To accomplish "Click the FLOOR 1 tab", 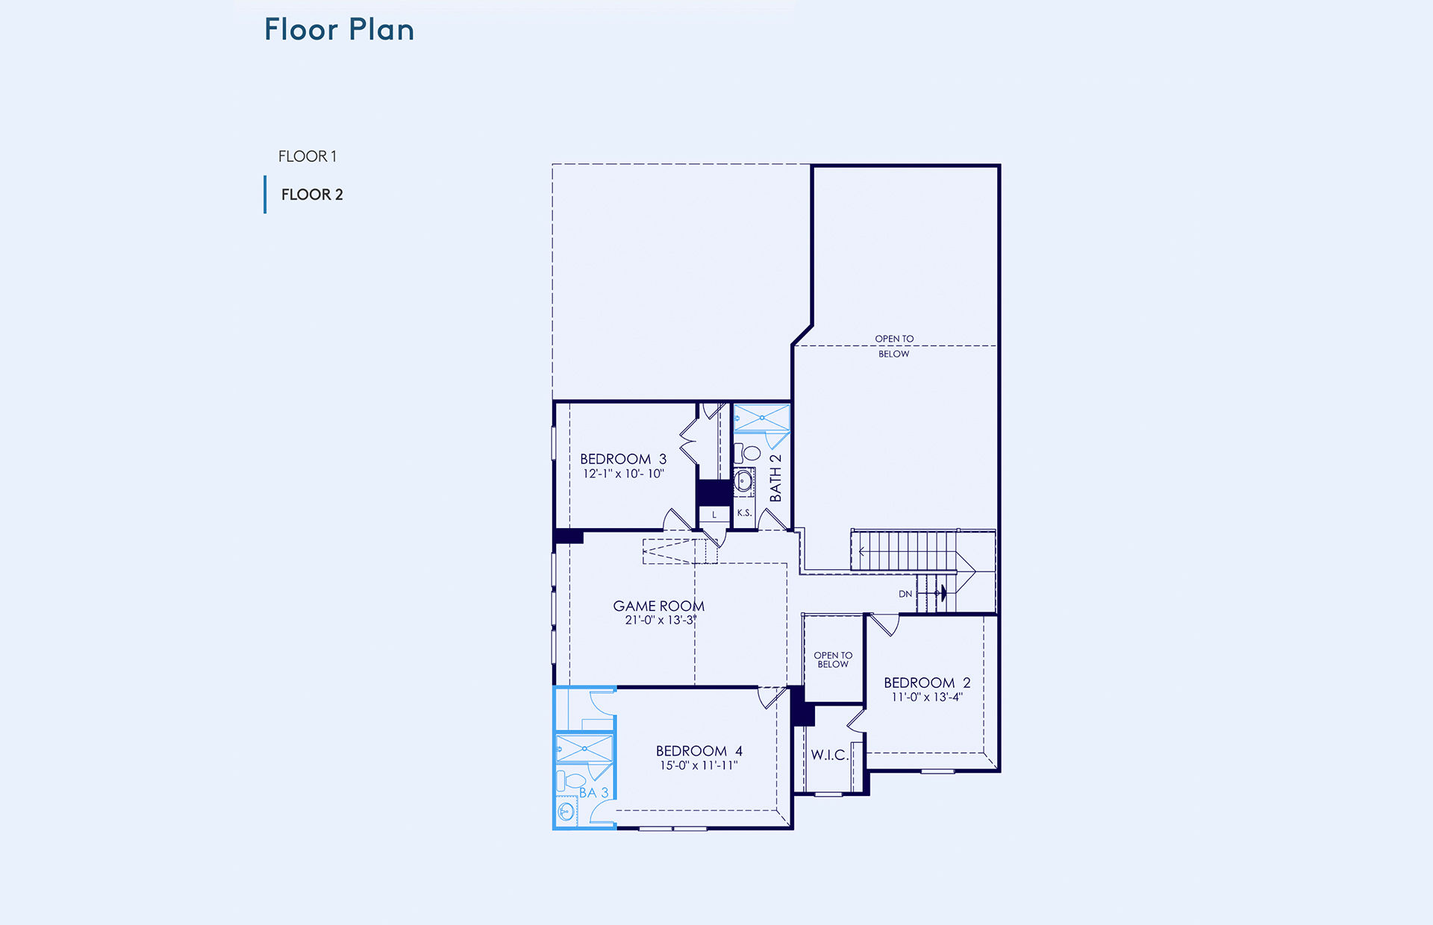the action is click(x=307, y=157).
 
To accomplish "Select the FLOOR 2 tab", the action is click(x=312, y=195).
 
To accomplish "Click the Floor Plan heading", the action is click(x=339, y=30).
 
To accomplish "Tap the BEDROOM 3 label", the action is click(x=623, y=459).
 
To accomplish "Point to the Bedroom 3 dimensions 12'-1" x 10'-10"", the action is click(x=623, y=474).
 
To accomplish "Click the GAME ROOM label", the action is click(x=658, y=606).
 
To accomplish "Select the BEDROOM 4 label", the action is click(x=699, y=750).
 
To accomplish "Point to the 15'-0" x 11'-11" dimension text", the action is click(x=699, y=765).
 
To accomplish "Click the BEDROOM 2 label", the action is click(x=927, y=683).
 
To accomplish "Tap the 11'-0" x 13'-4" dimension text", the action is click(x=927, y=697).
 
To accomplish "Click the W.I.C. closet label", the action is click(x=829, y=755).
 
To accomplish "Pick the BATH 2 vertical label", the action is click(x=775, y=477).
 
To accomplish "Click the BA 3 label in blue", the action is click(x=594, y=792).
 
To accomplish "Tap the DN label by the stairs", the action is click(x=905, y=594).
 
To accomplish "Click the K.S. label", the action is click(x=744, y=513).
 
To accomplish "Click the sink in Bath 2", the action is click(x=743, y=481).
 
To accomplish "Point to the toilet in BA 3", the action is click(x=570, y=782).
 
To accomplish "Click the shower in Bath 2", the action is click(x=761, y=418).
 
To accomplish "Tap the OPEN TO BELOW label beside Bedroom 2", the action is click(x=833, y=659).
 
